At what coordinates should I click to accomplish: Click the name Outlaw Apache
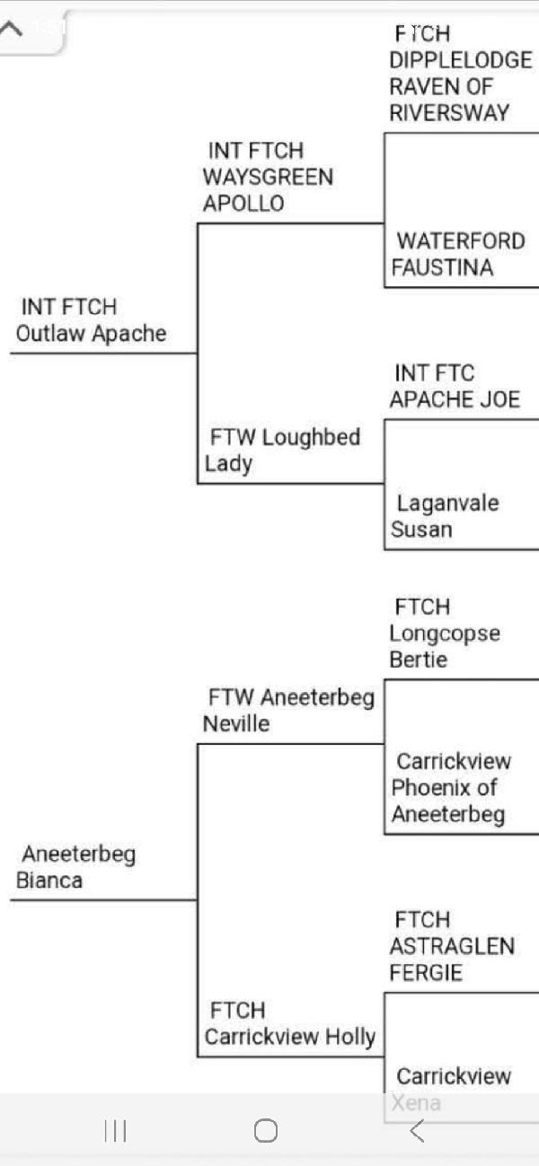click(92, 321)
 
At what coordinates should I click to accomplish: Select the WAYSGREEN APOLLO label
click(267, 177)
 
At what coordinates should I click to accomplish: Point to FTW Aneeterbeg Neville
click(288, 711)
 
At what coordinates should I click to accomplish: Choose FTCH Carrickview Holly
click(289, 1024)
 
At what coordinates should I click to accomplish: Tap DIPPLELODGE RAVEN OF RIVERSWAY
click(460, 74)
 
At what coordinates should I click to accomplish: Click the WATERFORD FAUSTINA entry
click(458, 254)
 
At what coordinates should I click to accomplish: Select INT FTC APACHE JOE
click(455, 387)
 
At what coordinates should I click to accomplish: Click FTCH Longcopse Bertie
click(444, 634)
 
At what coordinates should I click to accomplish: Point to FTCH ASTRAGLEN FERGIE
click(451, 947)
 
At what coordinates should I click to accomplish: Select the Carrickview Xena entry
click(453, 1089)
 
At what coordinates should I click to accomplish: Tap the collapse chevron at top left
click(12, 27)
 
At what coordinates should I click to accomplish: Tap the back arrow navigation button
click(416, 1131)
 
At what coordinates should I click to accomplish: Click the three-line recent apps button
click(115, 1131)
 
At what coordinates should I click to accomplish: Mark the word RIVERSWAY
click(449, 113)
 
